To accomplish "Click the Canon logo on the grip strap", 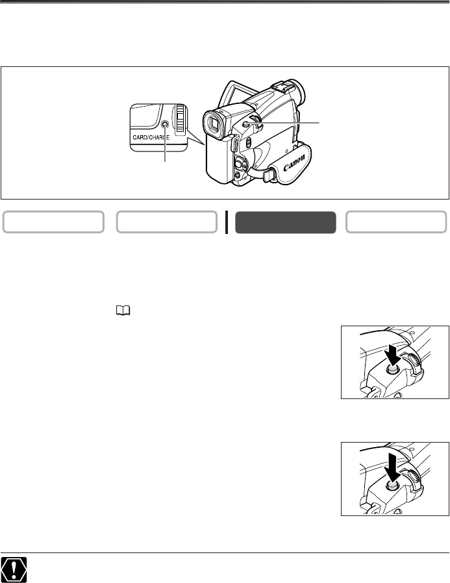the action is coord(294,162).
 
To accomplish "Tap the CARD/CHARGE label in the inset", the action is coord(151,137).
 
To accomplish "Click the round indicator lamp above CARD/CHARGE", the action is coord(165,125).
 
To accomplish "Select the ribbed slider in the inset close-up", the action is coord(181,118).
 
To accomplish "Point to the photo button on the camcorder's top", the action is coord(245,124).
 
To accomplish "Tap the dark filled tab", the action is coord(285,222).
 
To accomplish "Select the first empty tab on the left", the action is coord(53,222).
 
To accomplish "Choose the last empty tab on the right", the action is coord(395,222).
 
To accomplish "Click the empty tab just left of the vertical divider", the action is coord(166,222).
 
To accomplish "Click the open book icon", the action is coord(123,311).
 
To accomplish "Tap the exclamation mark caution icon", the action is coord(14,569).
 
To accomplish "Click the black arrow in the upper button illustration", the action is coord(392,354).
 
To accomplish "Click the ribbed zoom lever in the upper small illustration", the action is coord(414,363).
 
